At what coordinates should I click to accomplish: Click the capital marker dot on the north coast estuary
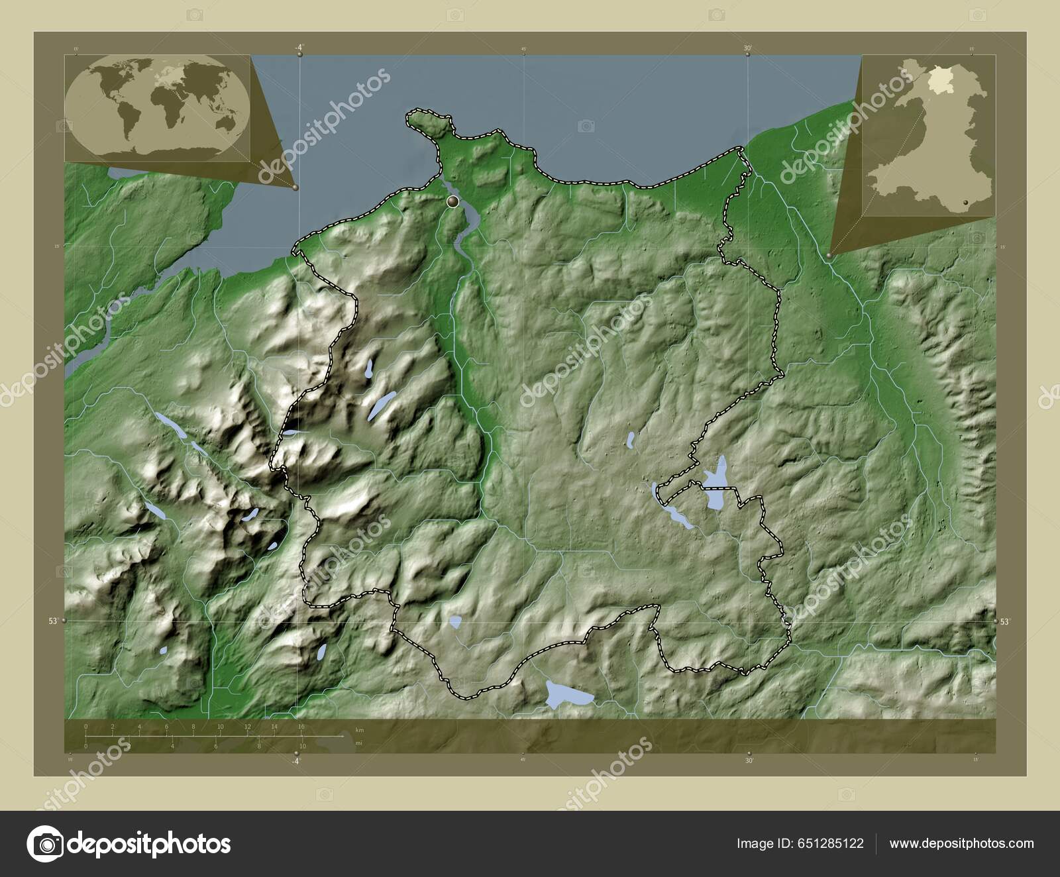coord(453,201)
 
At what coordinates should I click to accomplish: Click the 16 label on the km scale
coord(301,727)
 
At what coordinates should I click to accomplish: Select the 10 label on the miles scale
coord(301,747)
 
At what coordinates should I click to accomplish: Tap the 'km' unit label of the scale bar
coord(360,729)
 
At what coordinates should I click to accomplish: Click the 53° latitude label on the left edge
coord(52,621)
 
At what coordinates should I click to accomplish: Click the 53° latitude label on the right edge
coord(1005,621)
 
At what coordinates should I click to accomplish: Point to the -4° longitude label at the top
coord(299,47)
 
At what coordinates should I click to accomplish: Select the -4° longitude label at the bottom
coord(296,761)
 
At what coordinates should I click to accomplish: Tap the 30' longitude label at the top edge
coord(747,48)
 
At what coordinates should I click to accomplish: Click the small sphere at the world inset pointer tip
coord(295,187)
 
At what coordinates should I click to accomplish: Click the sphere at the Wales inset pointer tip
coord(830,254)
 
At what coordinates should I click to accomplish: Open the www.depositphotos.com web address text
coord(961,843)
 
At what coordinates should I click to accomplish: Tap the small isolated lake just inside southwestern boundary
coord(455,622)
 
